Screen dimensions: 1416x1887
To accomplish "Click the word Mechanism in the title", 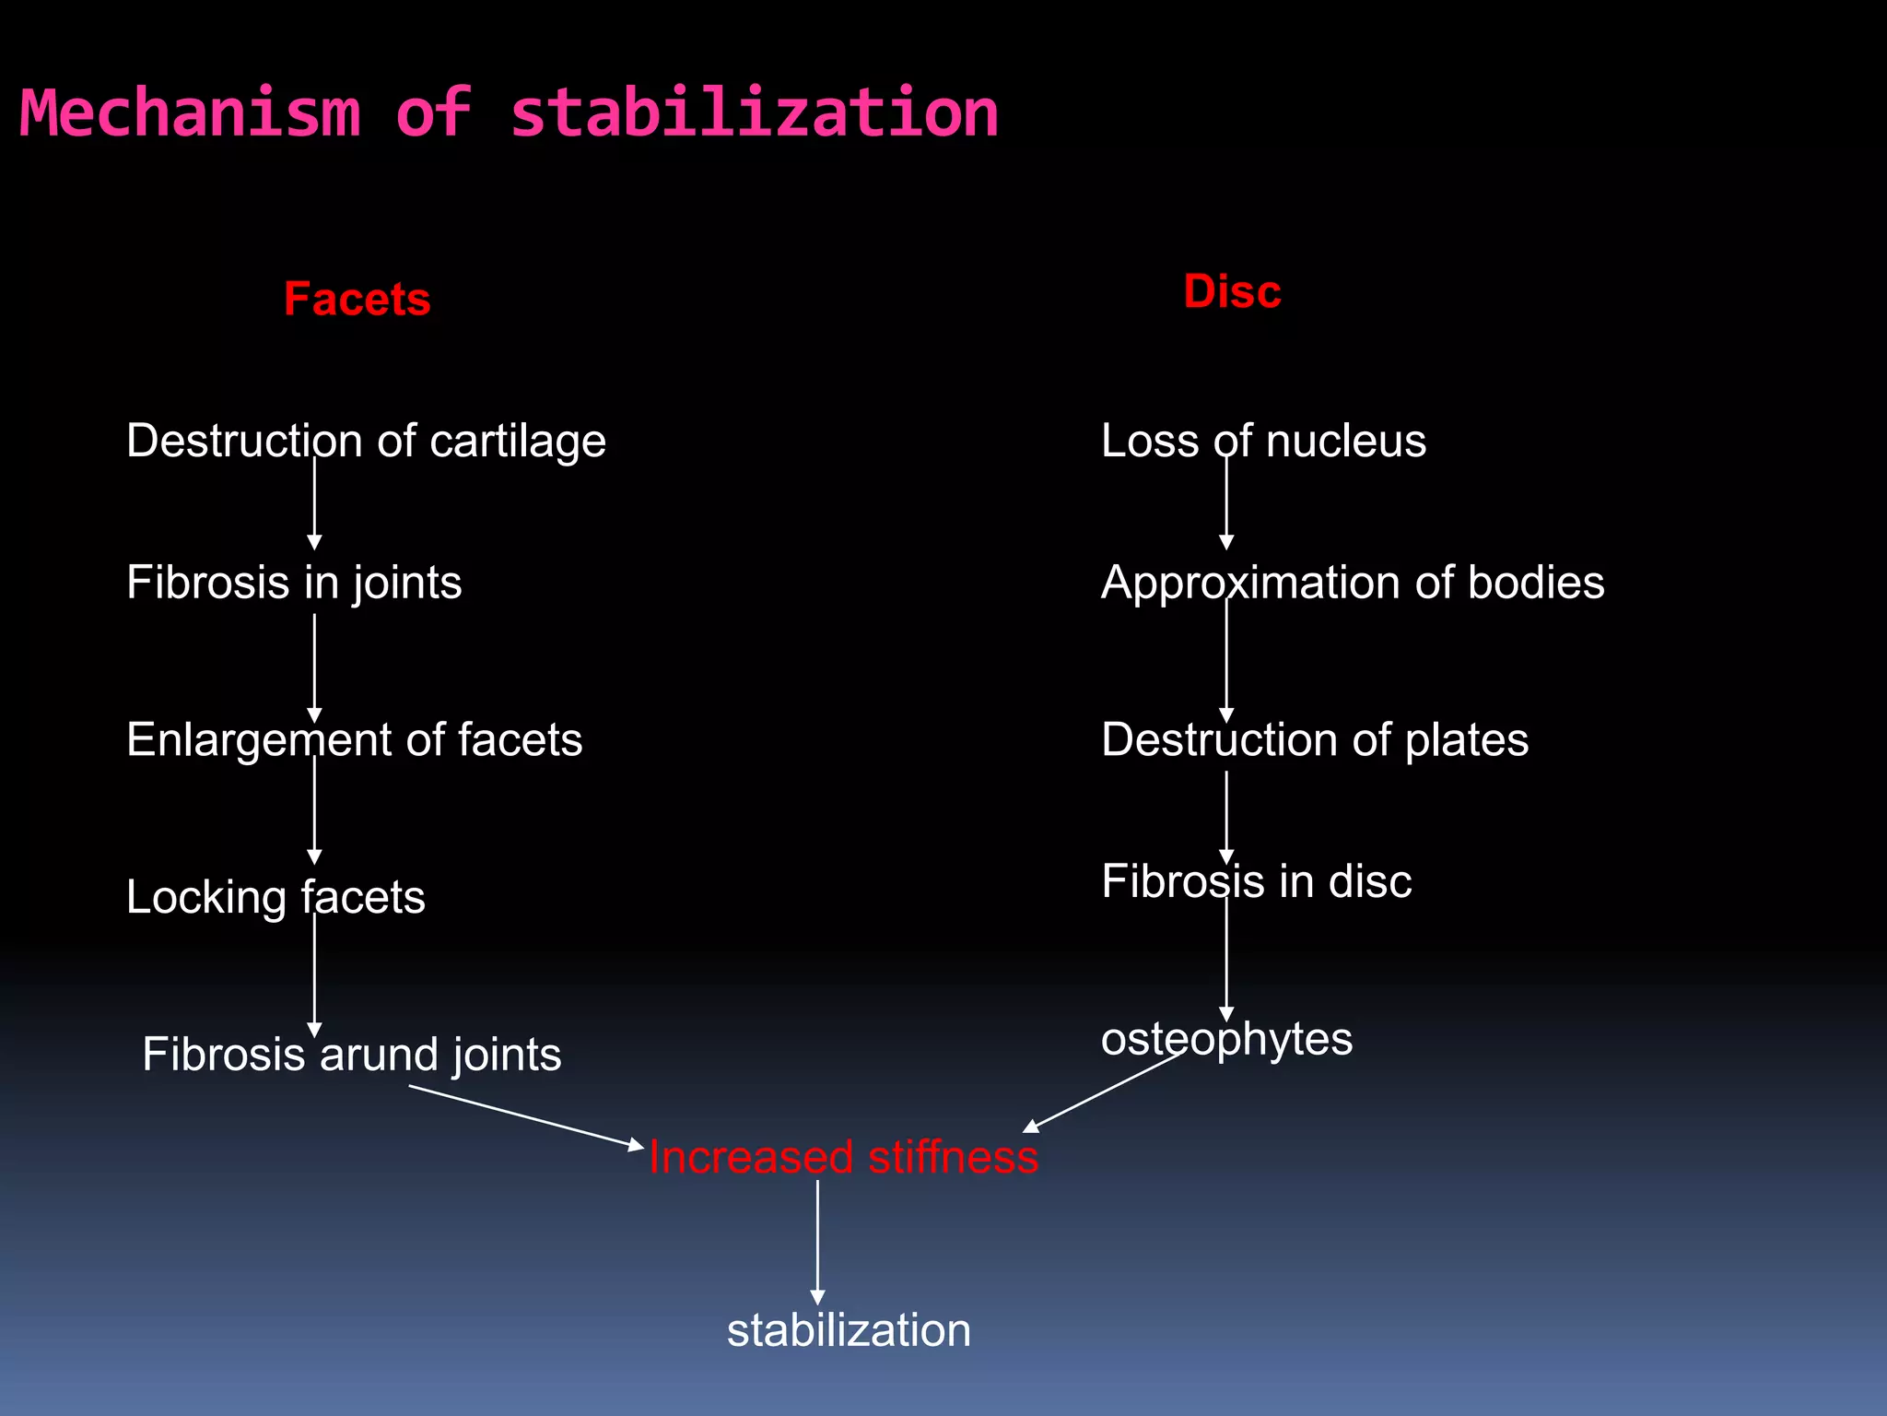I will [x=190, y=113].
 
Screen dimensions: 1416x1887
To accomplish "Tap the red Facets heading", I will [x=357, y=300].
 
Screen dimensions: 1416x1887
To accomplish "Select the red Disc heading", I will [x=1232, y=292].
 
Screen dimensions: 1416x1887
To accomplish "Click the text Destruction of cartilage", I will [x=366, y=441].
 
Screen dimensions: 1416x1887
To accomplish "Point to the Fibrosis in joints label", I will [x=294, y=583].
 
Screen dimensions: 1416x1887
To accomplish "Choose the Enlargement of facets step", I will [x=354, y=739].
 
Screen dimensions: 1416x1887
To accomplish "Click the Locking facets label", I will [x=275, y=897].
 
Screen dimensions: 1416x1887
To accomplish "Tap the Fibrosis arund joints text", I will [x=351, y=1054].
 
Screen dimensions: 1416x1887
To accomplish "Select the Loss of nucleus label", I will [x=1263, y=441].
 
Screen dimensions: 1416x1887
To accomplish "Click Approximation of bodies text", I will [x=1353, y=583].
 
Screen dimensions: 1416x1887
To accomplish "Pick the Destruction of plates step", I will [x=1315, y=739].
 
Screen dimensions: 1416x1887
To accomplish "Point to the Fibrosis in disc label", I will [x=1256, y=881].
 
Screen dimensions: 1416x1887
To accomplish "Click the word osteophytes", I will [x=1226, y=1039].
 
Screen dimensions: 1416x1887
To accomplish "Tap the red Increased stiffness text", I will [x=843, y=1157].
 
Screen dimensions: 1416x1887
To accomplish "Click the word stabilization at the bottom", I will [x=849, y=1330].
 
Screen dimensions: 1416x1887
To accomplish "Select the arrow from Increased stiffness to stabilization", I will [x=817, y=1240].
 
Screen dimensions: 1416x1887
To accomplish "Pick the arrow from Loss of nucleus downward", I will [x=1226, y=502].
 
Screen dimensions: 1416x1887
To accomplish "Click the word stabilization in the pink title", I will [x=754, y=113].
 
